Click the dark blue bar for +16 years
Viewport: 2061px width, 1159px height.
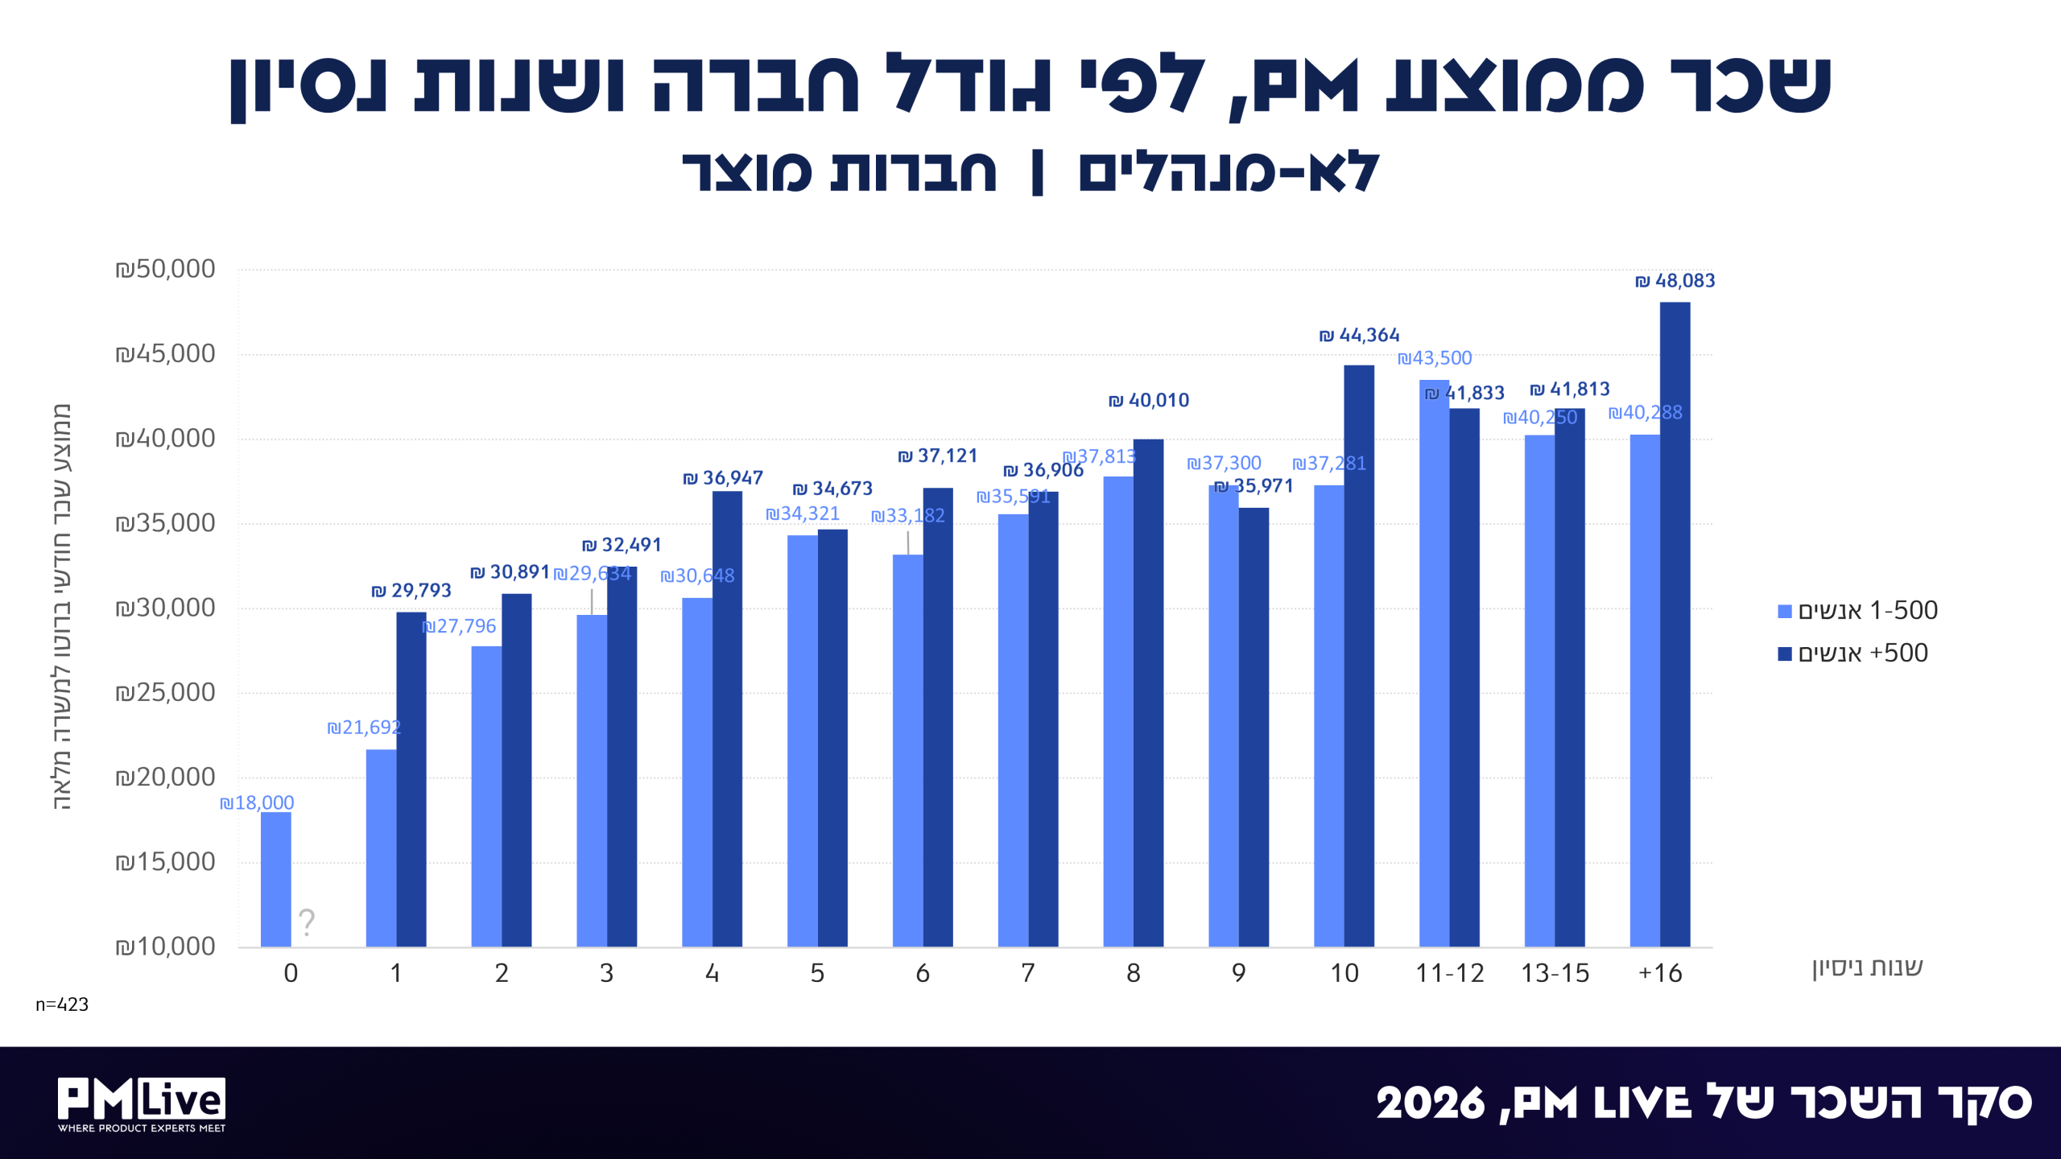tap(1675, 625)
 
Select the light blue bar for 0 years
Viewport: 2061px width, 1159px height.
tap(276, 880)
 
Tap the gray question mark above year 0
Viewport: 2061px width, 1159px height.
tap(307, 922)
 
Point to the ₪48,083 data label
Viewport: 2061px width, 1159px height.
tap(1675, 281)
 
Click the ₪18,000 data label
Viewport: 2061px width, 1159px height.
tap(257, 802)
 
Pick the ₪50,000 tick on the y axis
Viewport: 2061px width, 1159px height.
tap(165, 269)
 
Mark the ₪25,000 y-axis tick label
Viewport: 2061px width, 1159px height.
tap(165, 692)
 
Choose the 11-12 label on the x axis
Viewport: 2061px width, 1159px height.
tap(1449, 973)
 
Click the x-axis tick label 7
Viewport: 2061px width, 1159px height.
tap(1028, 973)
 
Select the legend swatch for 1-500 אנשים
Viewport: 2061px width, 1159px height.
tap(1785, 612)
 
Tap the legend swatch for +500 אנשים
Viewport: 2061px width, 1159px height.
tap(1785, 654)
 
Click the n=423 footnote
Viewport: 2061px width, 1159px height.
tap(62, 1004)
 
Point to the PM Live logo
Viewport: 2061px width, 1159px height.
tap(142, 1104)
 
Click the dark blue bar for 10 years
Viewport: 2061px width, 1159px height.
tap(1359, 656)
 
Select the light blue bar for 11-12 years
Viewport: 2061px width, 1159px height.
tap(1434, 663)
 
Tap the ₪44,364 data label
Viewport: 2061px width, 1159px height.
tap(1359, 335)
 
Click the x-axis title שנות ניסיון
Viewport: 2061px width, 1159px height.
tap(1867, 967)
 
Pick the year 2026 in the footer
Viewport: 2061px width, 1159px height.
tap(1430, 1103)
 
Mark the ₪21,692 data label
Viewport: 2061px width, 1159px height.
tap(364, 728)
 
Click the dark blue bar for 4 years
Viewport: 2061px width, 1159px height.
tap(727, 719)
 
